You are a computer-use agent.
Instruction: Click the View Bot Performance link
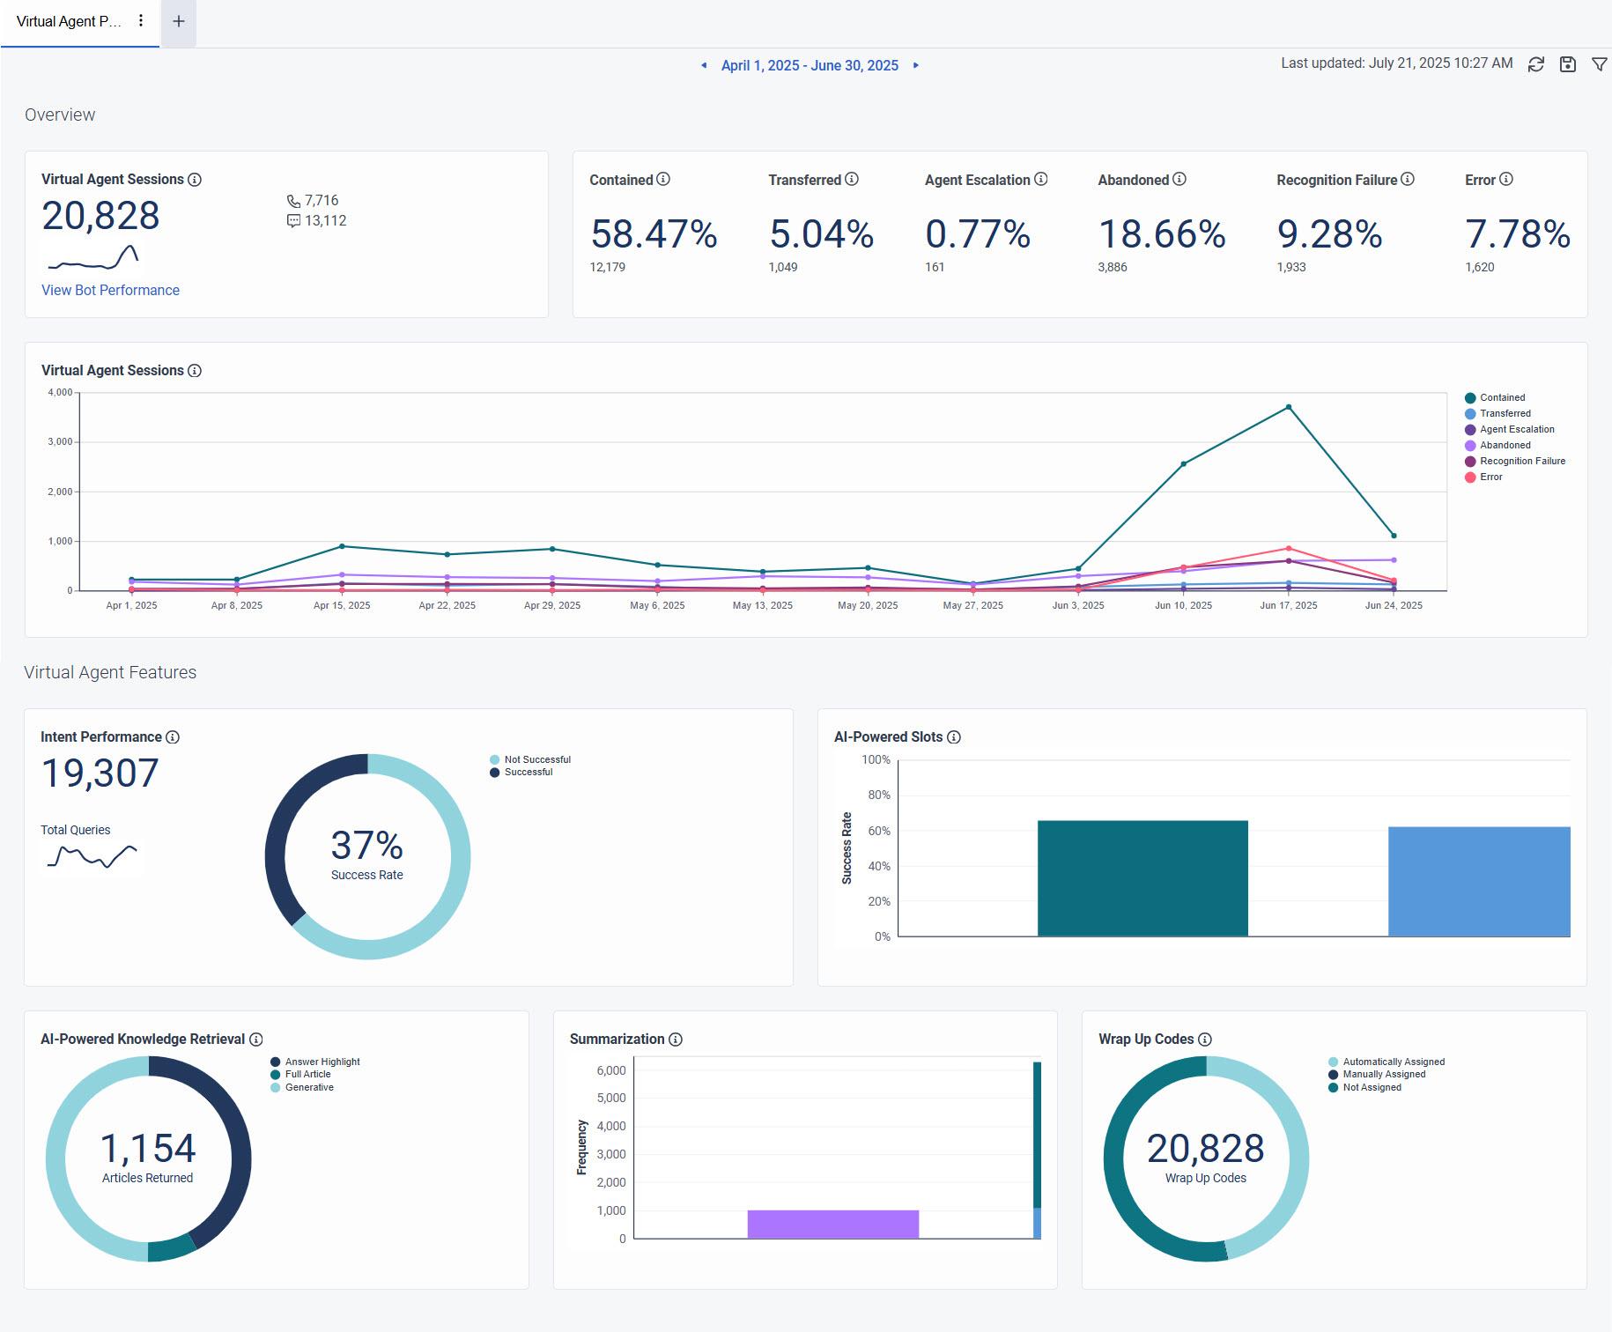110,290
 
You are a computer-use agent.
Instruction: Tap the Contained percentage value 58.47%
654,234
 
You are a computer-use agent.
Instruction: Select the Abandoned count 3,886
1112,267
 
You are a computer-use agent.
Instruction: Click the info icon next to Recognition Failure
1408,179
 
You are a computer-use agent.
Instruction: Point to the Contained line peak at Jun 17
1288,407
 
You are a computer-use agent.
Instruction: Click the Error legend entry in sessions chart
1490,477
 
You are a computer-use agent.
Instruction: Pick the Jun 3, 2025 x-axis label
1077,605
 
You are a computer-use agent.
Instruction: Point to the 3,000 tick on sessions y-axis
60,441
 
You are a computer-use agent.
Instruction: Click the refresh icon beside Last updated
1535,64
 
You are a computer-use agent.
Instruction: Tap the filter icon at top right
1599,64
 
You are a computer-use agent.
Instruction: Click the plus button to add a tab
178,21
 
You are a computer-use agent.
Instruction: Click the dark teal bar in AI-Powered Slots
1142,877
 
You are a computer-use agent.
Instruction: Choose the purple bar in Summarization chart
832,1224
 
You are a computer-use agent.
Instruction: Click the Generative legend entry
308,1087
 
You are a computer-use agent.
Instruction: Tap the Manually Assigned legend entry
1383,1074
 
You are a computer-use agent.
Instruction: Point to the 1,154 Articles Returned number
148,1148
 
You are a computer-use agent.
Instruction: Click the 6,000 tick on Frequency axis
610,1070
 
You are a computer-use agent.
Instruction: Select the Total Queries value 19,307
100,773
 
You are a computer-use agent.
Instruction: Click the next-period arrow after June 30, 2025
916,65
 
